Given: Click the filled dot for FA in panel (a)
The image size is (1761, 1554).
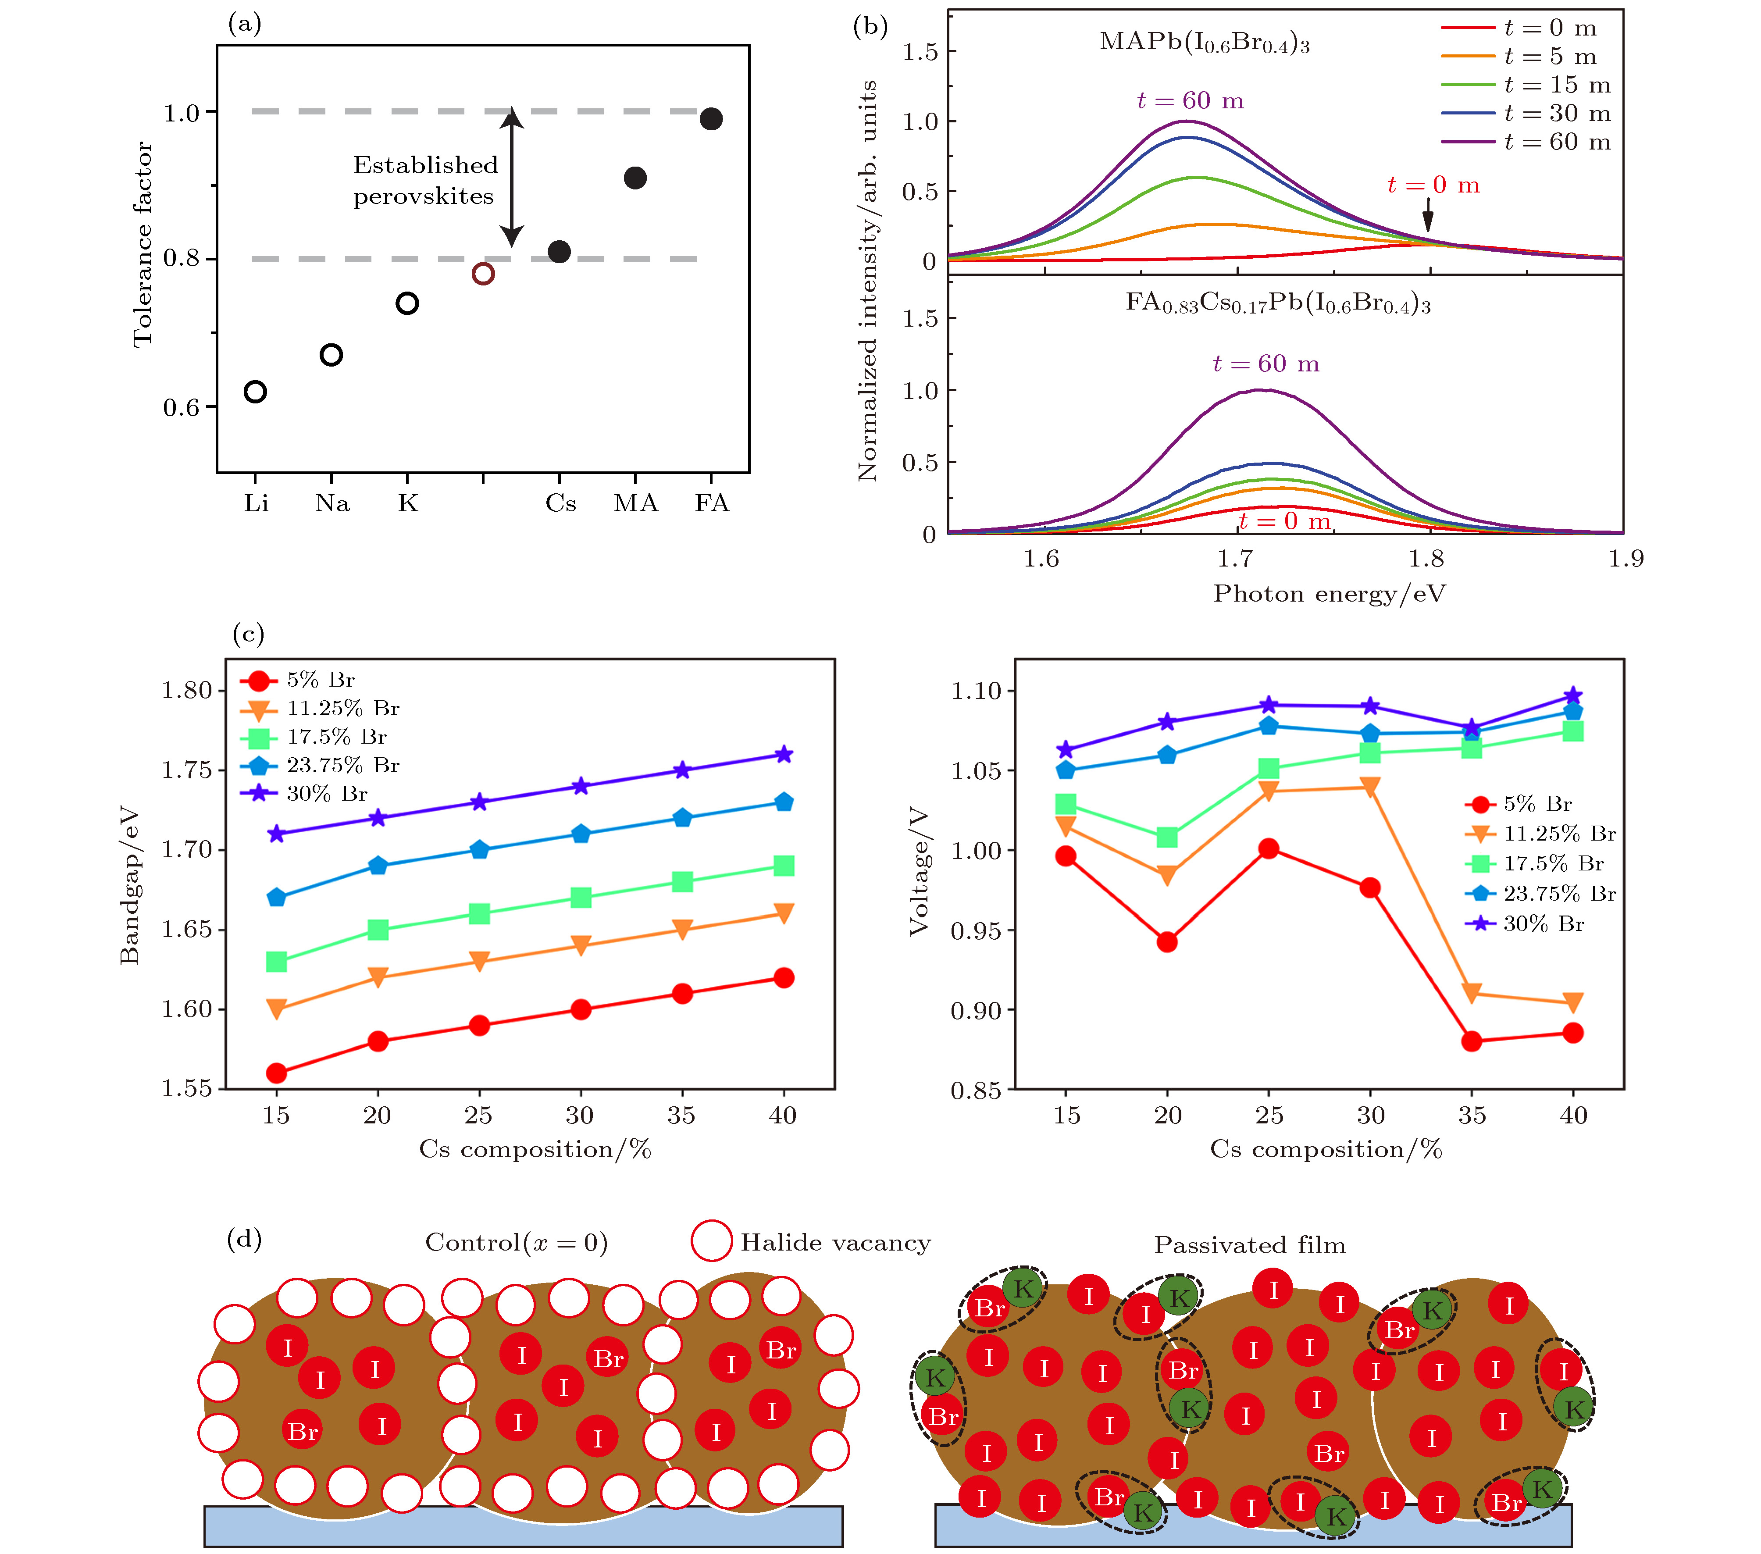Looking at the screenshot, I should pos(711,119).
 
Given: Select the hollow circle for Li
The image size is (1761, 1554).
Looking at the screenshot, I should pos(255,392).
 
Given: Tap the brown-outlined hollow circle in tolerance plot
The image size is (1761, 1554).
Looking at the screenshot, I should pos(483,274).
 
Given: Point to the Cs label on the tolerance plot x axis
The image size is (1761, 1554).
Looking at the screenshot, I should pos(560,503).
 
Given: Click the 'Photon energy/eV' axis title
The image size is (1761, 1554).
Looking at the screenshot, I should pos(1330,595).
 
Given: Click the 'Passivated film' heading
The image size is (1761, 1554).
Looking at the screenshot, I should pos(1249,1246).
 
